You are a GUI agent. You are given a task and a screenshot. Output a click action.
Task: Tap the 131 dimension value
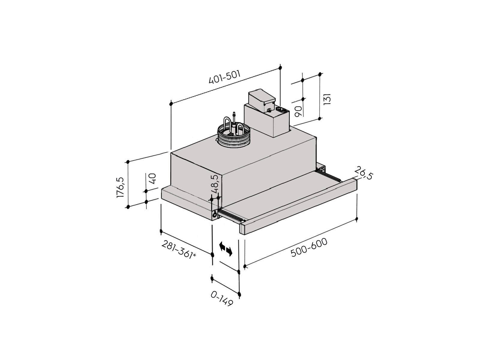click(327, 99)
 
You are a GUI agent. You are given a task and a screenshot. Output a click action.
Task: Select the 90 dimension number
click(298, 111)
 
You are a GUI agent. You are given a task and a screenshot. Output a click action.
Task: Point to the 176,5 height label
click(120, 187)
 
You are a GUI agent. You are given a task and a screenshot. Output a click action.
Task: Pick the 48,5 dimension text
click(215, 184)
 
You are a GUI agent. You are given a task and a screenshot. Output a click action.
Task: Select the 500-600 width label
click(309, 247)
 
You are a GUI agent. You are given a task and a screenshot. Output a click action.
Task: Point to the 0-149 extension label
click(222, 299)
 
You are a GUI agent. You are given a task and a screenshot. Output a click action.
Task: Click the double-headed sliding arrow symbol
click(226, 249)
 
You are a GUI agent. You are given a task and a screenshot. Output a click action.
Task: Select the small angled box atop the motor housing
click(262, 100)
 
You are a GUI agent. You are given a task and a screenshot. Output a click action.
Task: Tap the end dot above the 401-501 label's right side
click(280, 68)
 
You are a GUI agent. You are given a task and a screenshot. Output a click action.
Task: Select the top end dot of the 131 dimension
click(320, 74)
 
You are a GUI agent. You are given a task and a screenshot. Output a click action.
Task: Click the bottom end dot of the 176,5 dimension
click(128, 207)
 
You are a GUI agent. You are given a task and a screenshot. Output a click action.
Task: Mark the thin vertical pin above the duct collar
click(234, 119)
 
